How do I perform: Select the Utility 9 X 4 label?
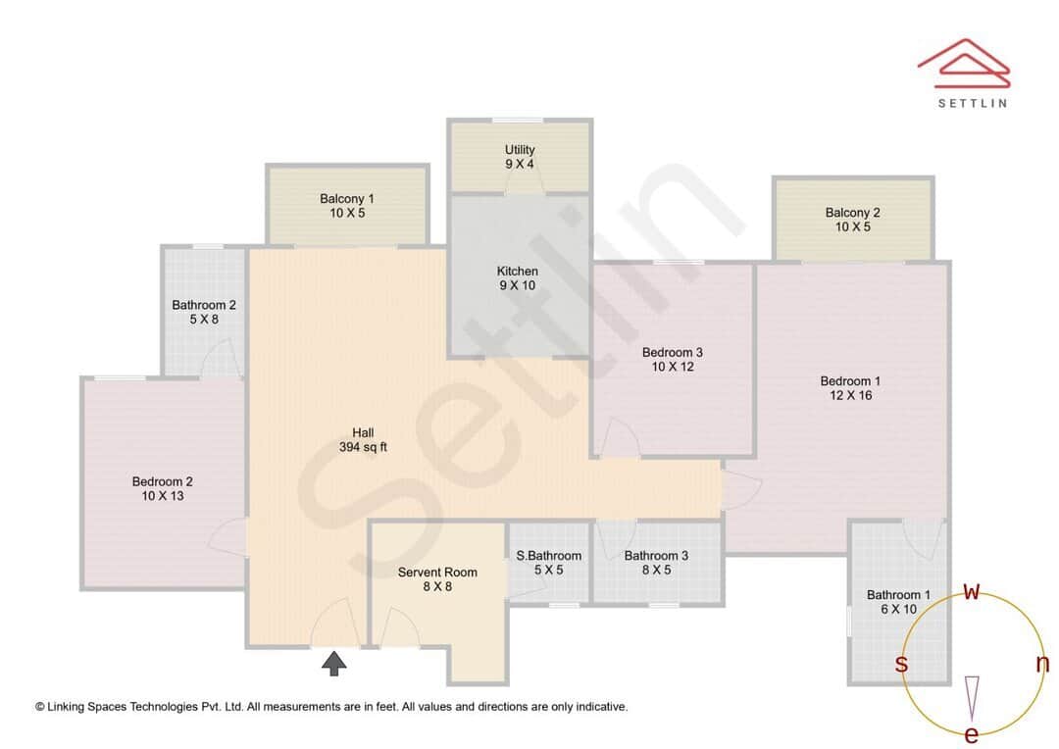tap(520, 157)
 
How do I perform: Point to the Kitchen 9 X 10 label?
tap(517, 278)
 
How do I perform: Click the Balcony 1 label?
tap(347, 206)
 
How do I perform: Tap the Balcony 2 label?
tap(852, 220)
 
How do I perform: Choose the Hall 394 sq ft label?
tap(363, 440)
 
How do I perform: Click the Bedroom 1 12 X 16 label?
tap(850, 388)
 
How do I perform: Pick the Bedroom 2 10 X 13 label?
tap(163, 488)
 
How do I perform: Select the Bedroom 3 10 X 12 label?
tap(672, 359)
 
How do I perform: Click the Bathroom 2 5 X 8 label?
tap(204, 312)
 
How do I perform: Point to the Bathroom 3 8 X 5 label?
tap(656, 562)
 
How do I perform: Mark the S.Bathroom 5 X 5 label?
tap(548, 562)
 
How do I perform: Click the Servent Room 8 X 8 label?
tap(437, 579)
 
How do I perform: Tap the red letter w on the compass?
tap(972, 591)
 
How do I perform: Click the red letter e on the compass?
tap(972, 734)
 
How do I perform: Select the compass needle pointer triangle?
tap(972, 697)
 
